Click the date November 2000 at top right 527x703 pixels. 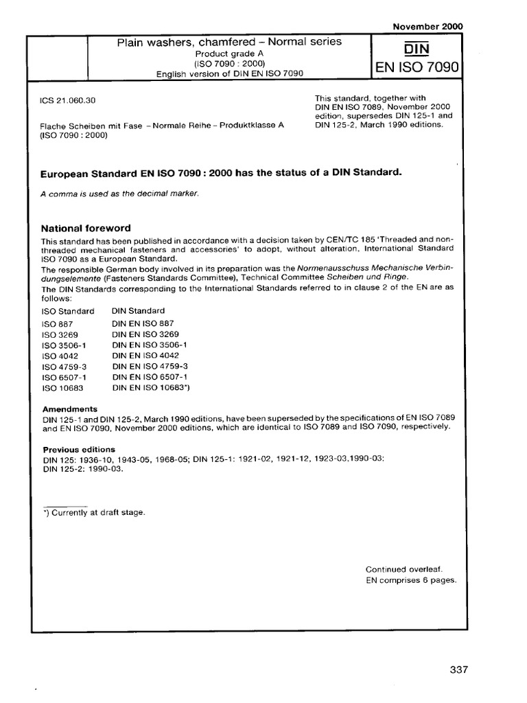tap(428, 27)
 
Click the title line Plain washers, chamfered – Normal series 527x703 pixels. tap(229, 43)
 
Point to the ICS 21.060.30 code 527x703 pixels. tap(68, 100)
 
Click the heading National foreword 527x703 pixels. tap(86, 228)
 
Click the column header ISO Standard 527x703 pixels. tap(68, 311)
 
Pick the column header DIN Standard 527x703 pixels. tap(138, 311)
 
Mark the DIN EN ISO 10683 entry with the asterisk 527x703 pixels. tap(150, 389)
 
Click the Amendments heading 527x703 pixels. tap(70, 408)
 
